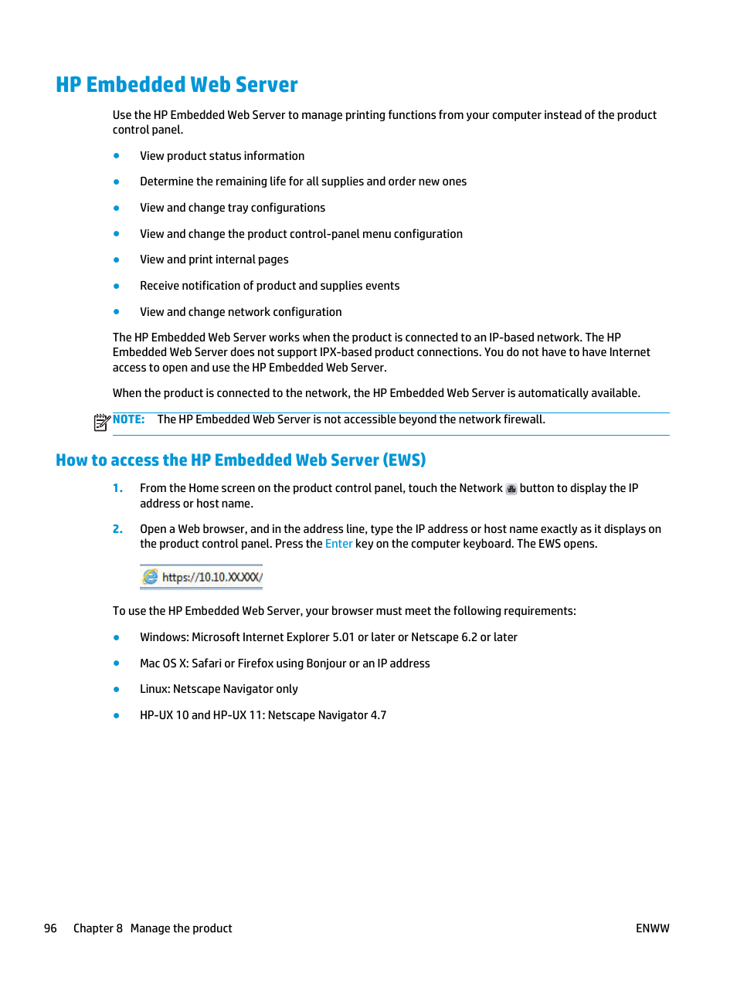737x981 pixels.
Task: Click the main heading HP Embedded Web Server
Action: click(x=177, y=85)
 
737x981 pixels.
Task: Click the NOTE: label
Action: click(x=128, y=419)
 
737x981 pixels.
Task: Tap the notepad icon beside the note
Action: click(x=101, y=422)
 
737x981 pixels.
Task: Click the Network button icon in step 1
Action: click(x=511, y=489)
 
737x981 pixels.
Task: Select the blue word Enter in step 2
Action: click(x=338, y=544)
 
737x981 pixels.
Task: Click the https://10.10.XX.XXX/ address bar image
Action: click(x=202, y=577)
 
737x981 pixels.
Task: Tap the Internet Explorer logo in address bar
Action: click(x=151, y=577)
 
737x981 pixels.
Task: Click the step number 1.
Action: click(x=117, y=488)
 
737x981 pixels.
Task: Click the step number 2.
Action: click(x=117, y=529)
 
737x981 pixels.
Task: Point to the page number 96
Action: click(x=50, y=928)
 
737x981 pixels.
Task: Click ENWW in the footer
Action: click(x=652, y=928)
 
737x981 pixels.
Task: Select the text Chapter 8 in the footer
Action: click(x=97, y=928)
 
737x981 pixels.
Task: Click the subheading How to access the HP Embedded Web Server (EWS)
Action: click(x=240, y=460)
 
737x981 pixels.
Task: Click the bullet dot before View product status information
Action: click(x=117, y=156)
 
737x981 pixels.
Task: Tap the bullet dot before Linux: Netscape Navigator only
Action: click(x=117, y=689)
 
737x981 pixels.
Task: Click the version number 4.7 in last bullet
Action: click(x=378, y=715)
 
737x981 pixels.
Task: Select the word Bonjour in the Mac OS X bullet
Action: click(x=326, y=664)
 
